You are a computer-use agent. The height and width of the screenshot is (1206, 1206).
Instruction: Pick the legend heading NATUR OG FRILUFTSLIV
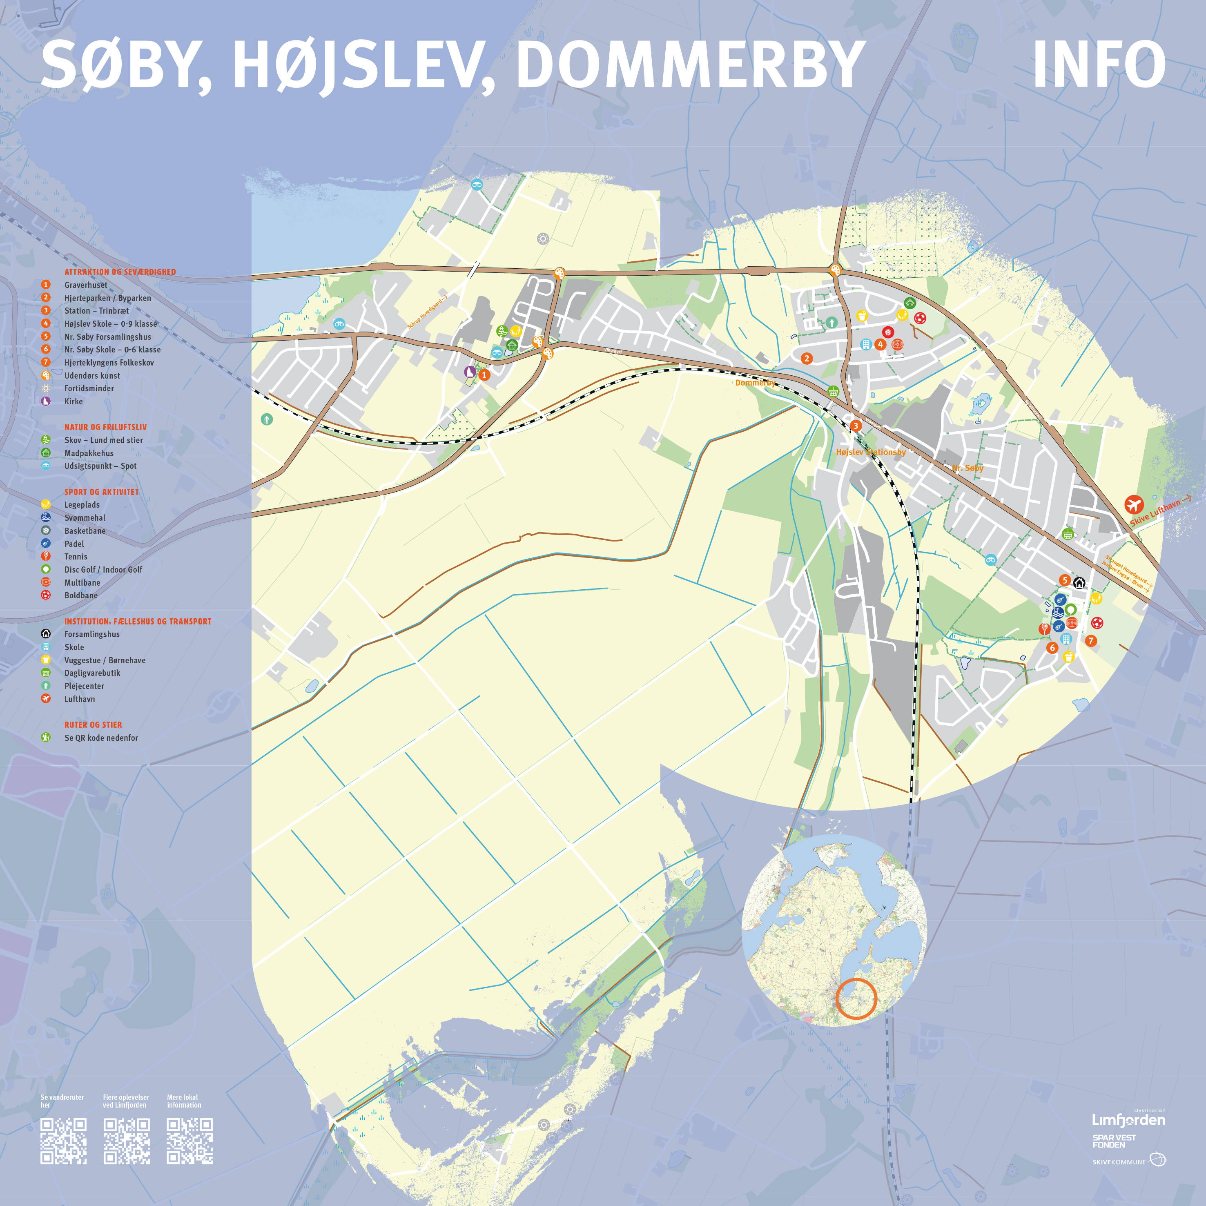click(105, 427)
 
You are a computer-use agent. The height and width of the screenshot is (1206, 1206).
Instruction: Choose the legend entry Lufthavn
click(79, 699)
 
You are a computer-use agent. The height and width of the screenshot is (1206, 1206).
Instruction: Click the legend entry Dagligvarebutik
click(92, 673)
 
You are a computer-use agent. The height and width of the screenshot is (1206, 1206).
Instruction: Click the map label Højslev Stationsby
click(871, 452)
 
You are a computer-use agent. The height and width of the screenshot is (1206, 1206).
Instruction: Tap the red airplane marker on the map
click(1134, 504)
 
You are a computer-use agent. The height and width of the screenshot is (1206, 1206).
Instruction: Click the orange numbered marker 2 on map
click(807, 358)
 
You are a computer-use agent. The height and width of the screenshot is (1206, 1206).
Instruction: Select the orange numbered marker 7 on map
click(1090, 640)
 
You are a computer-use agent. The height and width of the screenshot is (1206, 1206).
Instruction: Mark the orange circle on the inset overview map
click(856, 999)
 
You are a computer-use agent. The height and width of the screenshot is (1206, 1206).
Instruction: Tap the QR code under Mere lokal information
click(190, 1141)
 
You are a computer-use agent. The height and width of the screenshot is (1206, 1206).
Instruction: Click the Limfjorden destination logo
click(1128, 1119)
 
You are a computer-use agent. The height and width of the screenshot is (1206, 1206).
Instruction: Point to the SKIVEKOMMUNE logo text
click(1120, 1161)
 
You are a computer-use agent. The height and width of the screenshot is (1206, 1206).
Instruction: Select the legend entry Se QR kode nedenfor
click(101, 738)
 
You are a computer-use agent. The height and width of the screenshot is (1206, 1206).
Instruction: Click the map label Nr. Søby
click(967, 468)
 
